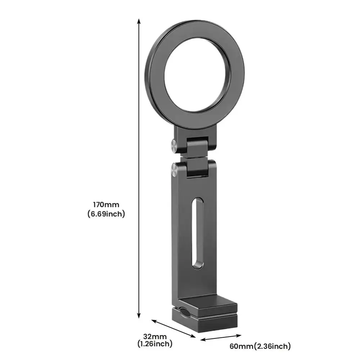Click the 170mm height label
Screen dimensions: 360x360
(x=106, y=205)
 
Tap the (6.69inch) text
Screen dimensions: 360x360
(x=106, y=214)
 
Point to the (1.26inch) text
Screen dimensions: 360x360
(x=155, y=344)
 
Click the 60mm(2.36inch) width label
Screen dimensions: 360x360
(x=260, y=347)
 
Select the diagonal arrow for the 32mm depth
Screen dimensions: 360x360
(x=173, y=328)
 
